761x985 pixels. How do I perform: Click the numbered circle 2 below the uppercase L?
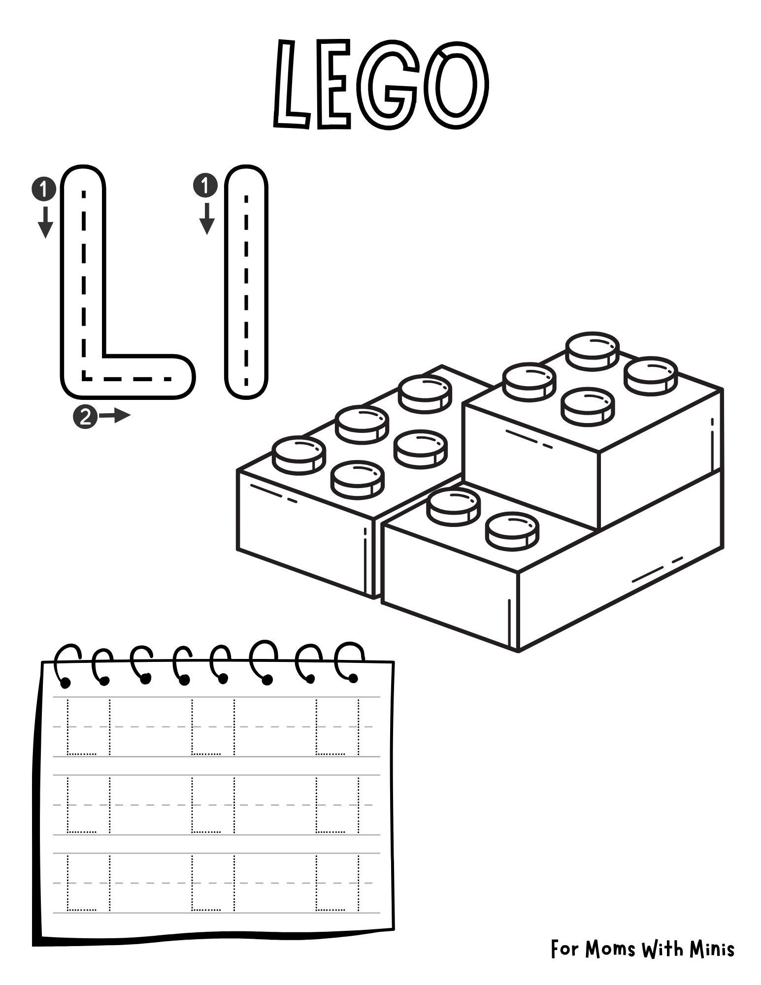(85, 417)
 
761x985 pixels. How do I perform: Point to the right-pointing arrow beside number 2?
(115, 416)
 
